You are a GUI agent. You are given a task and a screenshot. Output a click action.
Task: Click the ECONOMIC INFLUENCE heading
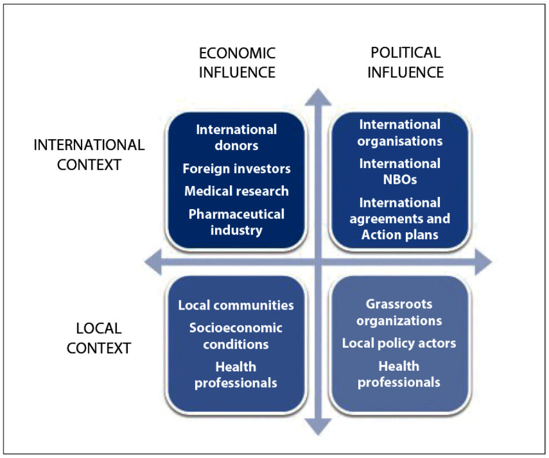237,62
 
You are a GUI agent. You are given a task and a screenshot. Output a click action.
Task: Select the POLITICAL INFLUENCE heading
405,62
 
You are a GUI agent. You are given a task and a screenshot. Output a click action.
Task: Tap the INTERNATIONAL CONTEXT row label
89,154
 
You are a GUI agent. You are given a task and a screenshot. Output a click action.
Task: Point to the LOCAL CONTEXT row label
99,338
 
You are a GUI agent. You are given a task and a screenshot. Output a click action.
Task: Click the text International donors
236,137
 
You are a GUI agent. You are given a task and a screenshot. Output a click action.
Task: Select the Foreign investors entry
236,169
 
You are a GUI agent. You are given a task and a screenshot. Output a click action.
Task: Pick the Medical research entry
236,191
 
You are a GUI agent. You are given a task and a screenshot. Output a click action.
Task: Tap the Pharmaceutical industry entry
236,222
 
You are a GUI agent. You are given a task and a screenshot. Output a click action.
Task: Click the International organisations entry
399,133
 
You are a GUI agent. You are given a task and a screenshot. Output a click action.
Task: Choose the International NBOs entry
399,172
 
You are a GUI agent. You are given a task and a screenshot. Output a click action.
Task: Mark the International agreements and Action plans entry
399,219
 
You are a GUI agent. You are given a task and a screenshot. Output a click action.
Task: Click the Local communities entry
236,306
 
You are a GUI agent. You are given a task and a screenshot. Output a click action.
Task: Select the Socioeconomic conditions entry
236,336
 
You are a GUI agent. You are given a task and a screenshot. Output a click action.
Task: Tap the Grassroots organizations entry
399,312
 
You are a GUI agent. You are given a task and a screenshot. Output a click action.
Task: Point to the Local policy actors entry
399,343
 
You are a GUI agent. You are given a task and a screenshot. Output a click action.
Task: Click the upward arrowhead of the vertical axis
316,97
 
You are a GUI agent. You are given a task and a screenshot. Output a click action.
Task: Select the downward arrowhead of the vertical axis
316,427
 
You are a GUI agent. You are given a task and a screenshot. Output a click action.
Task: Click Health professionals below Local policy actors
399,374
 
